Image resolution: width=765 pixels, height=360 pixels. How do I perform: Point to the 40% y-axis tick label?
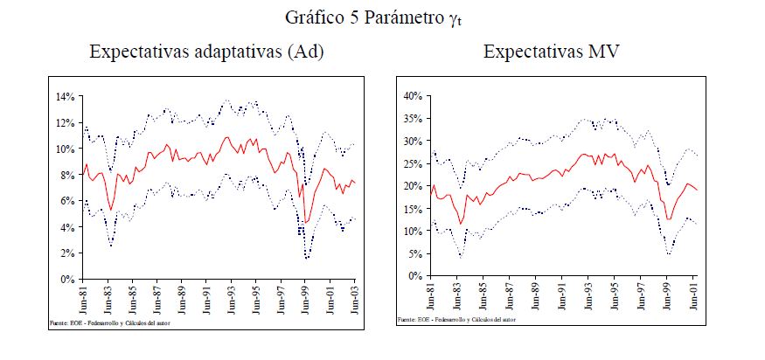click(413, 95)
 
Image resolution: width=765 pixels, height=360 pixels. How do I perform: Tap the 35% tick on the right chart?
click(413, 118)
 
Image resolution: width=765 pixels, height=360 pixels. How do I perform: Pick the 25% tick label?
click(413, 163)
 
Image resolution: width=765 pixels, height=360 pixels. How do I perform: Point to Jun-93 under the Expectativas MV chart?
click(590, 296)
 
